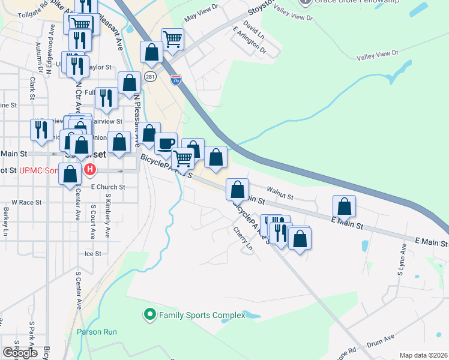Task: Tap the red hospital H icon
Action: tap(90, 170)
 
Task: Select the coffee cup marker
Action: tap(166, 143)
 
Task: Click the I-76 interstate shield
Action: tap(175, 79)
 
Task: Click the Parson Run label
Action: tap(97, 332)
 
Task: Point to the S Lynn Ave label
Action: tap(400, 265)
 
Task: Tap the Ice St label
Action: tap(92, 254)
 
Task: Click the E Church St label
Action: tap(107, 187)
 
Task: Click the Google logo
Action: tap(20, 353)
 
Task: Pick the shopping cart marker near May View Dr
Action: tap(172, 39)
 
